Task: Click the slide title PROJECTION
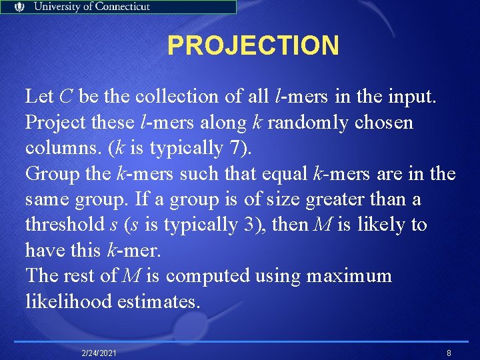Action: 253,46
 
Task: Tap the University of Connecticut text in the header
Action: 92,7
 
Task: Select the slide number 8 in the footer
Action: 449,352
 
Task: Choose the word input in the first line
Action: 411,97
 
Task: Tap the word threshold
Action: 64,225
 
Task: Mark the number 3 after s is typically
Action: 245,225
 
